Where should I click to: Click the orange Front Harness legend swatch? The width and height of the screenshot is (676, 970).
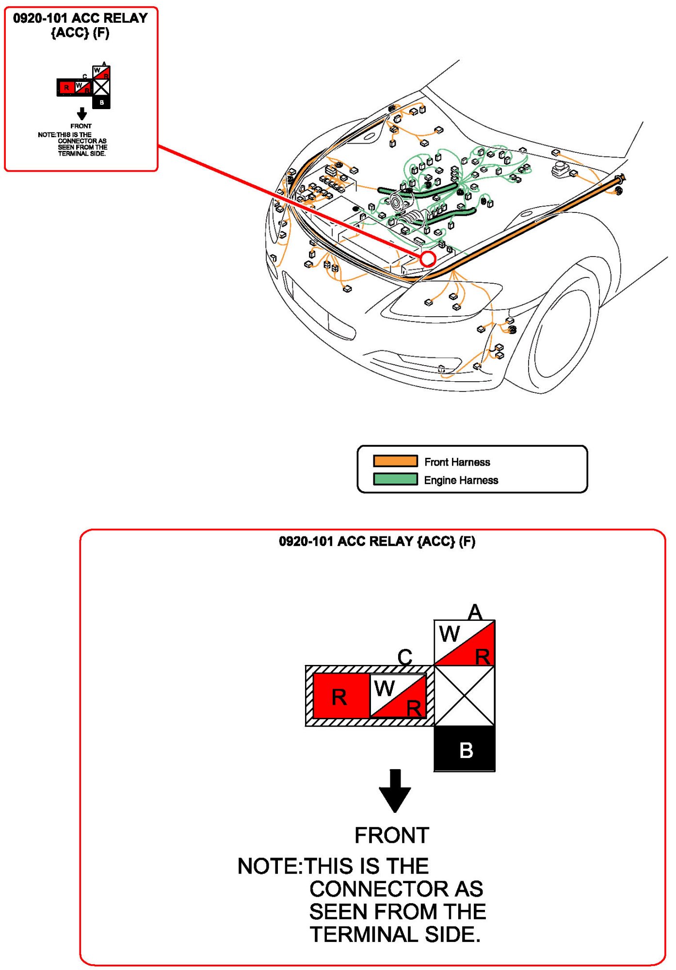395,461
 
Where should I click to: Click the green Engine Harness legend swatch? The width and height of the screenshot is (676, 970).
395,479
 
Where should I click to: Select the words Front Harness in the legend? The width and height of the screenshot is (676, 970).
457,462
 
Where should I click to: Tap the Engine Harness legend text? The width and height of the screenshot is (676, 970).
461,480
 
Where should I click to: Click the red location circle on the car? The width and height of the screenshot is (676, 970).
428,259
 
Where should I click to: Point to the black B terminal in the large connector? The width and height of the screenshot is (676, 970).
465,748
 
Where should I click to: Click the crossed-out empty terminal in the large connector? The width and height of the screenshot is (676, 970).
465,695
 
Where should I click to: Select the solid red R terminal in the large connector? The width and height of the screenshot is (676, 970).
341,696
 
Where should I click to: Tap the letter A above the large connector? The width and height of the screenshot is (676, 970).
475,612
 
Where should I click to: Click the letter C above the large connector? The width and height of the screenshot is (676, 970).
405,657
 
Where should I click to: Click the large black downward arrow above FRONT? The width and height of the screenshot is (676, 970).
395,791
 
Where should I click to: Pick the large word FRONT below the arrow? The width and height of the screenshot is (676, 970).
392,835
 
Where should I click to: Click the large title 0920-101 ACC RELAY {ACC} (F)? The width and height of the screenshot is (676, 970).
377,541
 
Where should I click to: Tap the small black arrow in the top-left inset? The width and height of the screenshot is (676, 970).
82,114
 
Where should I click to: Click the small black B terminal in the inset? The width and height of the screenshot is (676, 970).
101,102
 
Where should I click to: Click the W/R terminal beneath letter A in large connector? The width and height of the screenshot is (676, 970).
465,643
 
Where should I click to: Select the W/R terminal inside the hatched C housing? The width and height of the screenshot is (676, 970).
398,696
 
